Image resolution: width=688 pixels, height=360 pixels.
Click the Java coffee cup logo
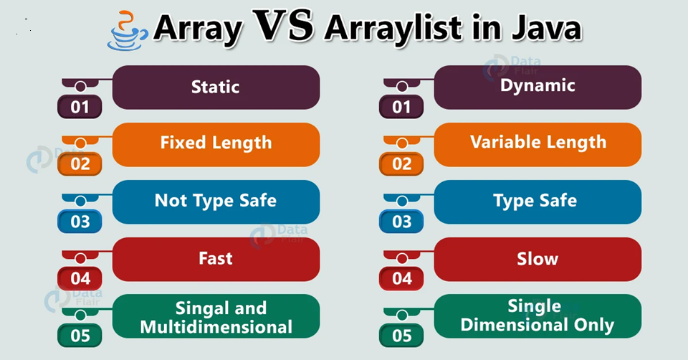pos(127,31)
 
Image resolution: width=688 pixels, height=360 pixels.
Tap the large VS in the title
pos(284,26)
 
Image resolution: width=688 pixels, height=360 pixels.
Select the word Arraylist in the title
pos(392,28)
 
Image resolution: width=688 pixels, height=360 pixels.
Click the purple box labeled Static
pos(216,87)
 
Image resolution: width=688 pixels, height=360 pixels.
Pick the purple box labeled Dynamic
pos(537,87)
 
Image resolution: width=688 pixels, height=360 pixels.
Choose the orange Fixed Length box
pos(216,144)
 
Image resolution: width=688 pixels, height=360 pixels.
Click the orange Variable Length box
pos(537,144)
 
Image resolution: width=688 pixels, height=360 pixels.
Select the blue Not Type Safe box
pos(216,202)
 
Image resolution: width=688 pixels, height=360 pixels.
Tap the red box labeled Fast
pos(216,259)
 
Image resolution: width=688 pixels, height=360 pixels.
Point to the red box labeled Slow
pos(537,259)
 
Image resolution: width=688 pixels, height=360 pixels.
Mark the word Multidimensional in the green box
pos(216,327)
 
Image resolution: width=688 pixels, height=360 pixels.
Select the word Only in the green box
pos(594,326)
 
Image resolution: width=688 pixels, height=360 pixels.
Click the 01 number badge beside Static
pos(80,107)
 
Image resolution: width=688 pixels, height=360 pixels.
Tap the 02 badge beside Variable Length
pos(401,164)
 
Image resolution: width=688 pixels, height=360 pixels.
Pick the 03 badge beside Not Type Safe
pos(80,222)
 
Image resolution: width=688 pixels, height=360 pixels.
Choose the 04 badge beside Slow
pos(401,278)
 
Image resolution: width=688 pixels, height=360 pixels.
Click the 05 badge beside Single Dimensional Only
pos(401,336)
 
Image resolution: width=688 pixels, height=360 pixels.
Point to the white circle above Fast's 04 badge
pos(80,258)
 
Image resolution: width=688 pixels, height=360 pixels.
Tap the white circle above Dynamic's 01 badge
pos(402,87)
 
